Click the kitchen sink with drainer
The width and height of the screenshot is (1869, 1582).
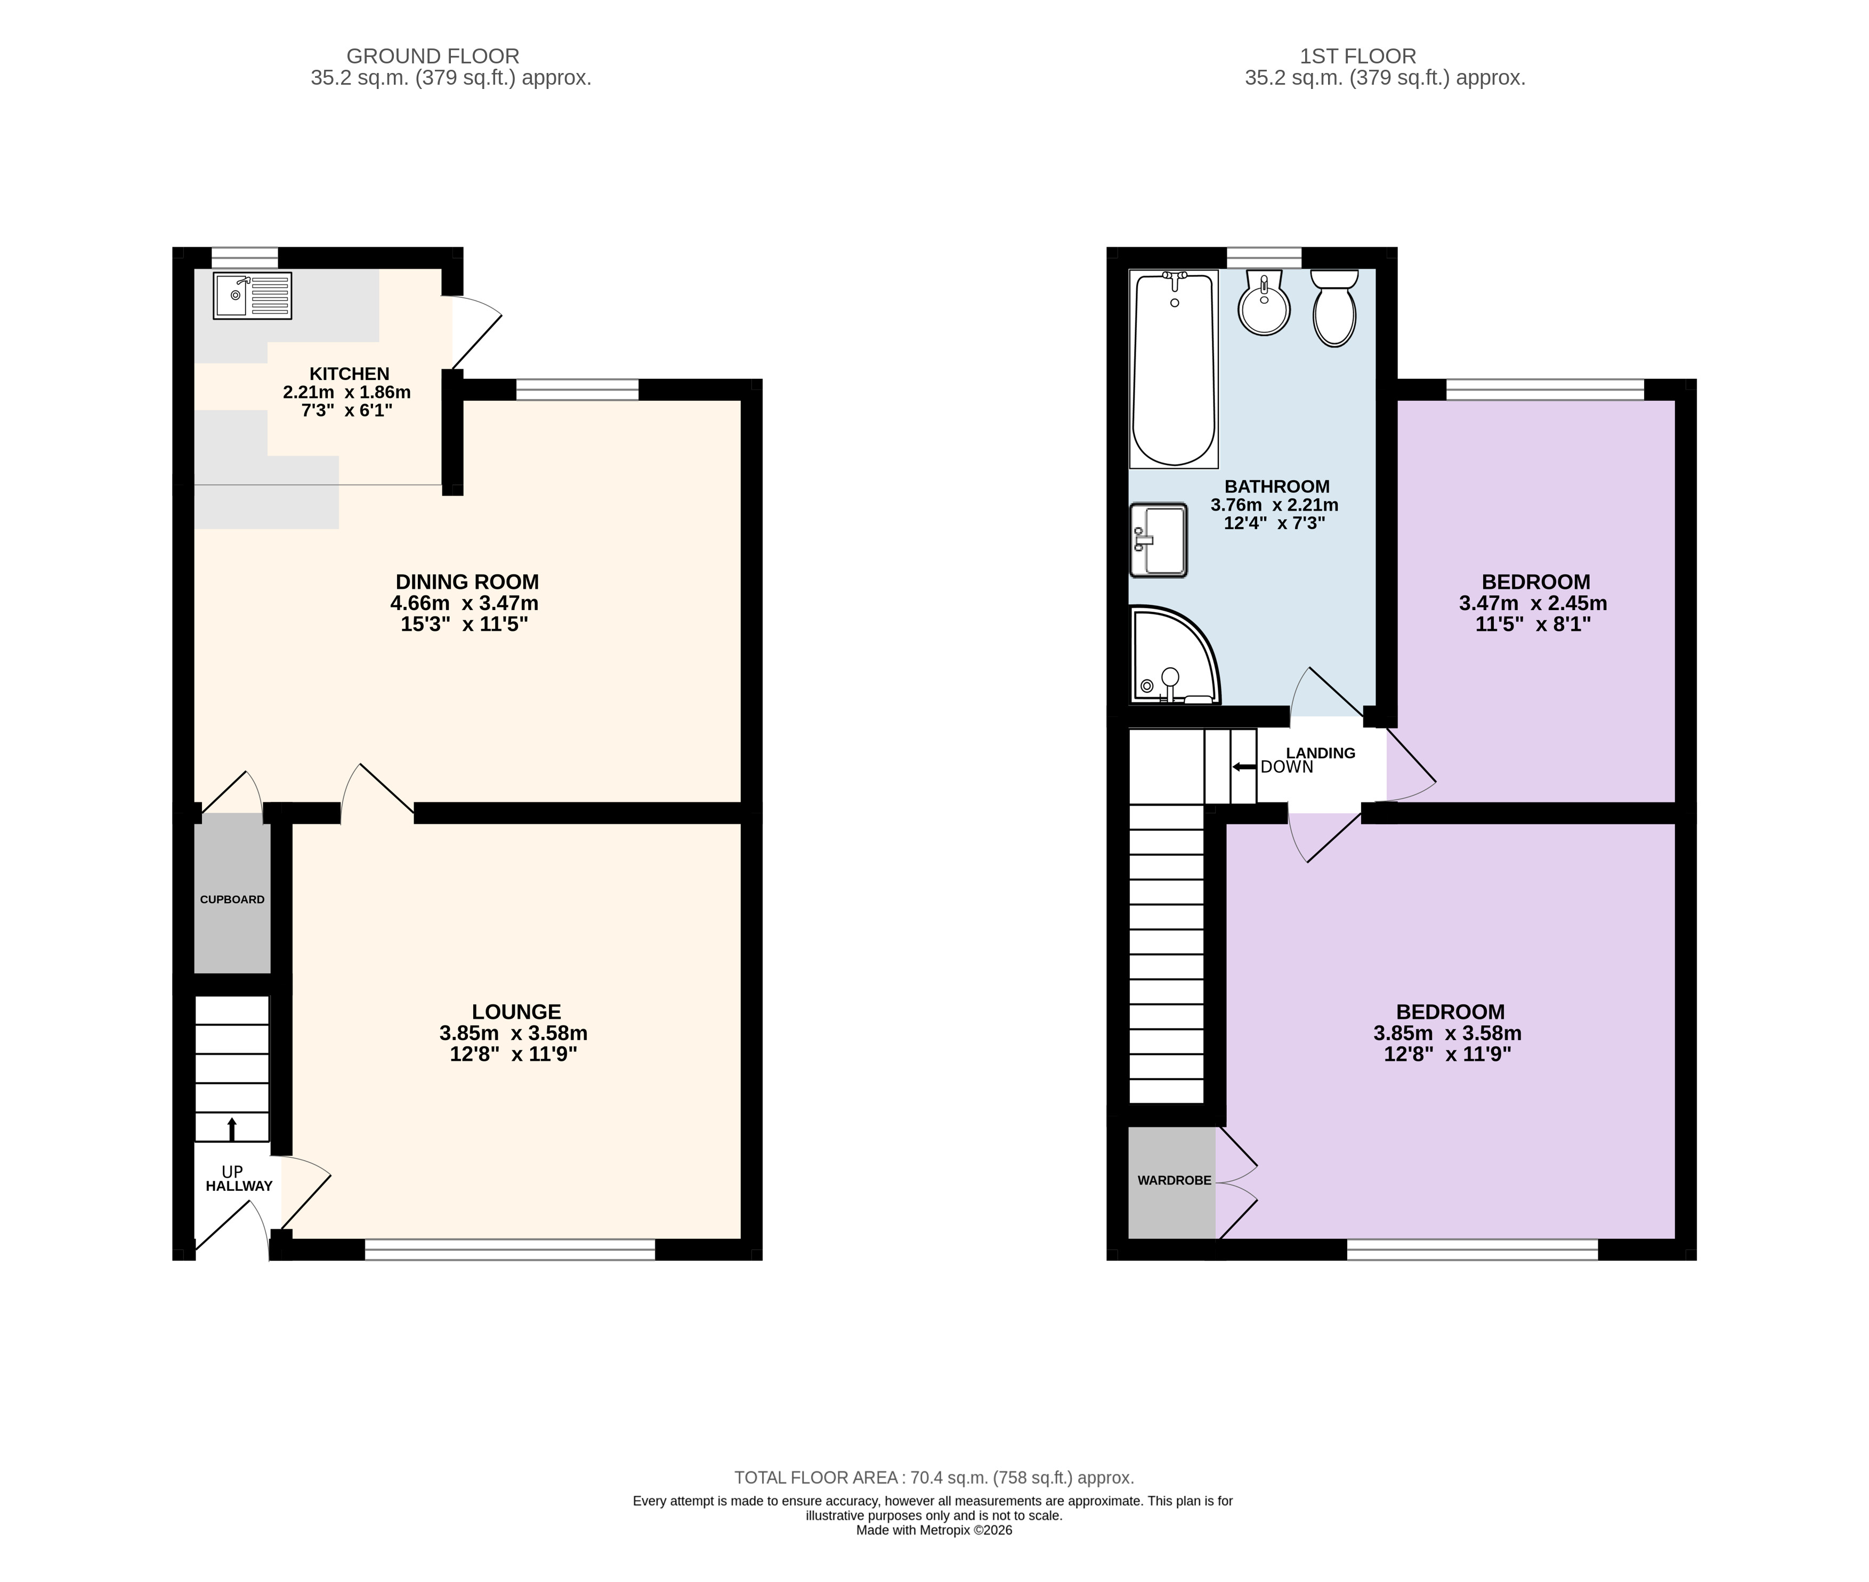(x=252, y=296)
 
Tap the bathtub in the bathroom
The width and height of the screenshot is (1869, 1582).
(x=1174, y=369)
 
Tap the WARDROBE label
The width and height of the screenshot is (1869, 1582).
(x=1174, y=1180)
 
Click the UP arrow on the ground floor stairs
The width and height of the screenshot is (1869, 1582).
(x=232, y=1129)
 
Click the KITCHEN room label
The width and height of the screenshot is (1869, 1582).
(x=349, y=374)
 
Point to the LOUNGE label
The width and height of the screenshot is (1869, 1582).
(x=516, y=1012)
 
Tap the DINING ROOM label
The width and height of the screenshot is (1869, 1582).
(x=467, y=581)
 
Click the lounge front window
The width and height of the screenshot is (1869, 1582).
(x=511, y=1250)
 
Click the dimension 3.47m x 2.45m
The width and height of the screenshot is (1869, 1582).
(x=1533, y=604)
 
